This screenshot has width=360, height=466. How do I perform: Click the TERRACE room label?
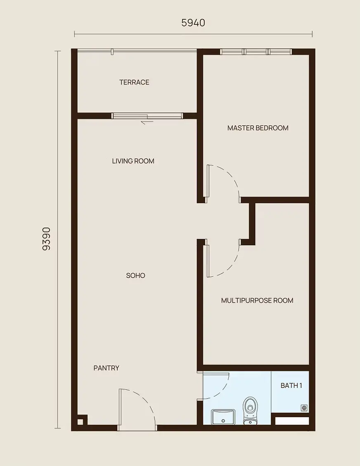[x=134, y=82]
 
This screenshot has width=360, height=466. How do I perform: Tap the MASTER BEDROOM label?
[x=258, y=128]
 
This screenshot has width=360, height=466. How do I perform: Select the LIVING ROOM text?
[x=133, y=161]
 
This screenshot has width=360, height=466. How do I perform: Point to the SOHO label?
[x=136, y=276]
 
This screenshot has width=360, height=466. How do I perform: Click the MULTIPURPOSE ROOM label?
[x=257, y=300]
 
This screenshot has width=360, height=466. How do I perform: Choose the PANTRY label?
[x=107, y=368]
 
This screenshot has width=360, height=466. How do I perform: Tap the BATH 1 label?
[x=291, y=385]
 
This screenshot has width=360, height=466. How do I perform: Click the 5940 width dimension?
[x=193, y=23]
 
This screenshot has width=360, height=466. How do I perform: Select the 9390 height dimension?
[x=47, y=239]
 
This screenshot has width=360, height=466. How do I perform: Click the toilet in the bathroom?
[x=250, y=410]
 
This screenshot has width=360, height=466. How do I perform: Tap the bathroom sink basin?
[x=223, y=417]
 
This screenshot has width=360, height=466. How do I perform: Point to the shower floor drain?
[x=304, y=408]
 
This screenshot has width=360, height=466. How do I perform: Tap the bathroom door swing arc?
[x=221, y=391]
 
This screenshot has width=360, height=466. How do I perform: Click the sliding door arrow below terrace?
[x=147, y=122]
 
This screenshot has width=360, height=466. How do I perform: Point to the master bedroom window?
[x=256, y=52]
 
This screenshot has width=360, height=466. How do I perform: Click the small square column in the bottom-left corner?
[x=80, y=421]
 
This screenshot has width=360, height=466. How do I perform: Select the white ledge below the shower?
[x=292, y=421]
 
